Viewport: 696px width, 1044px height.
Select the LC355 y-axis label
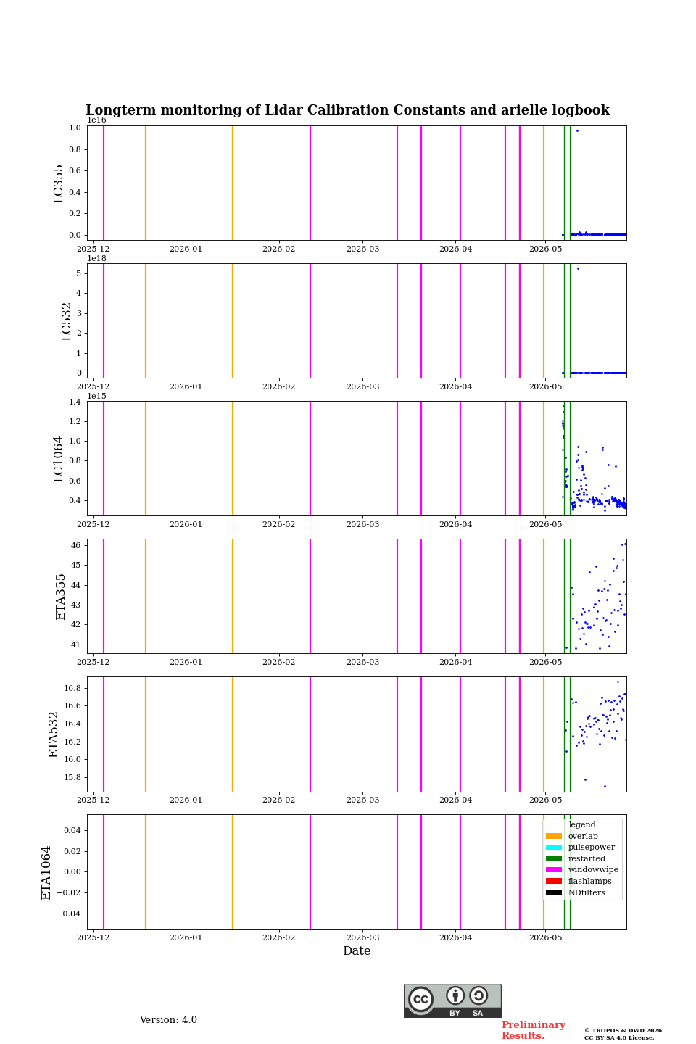click(58, 183)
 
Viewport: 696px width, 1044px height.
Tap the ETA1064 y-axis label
click(46, 872)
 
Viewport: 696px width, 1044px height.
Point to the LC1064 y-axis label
click(58, 459)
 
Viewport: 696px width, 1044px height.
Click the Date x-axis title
click(357, 950)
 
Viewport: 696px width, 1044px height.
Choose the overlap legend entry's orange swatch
click(553, 836)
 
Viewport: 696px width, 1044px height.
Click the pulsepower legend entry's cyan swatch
click(553, 848)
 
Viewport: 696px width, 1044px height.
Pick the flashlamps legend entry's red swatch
click(553, 881)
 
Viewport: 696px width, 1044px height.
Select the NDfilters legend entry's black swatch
click(553, 892)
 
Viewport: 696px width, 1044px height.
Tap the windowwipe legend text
click(593, 870)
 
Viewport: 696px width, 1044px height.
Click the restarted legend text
click(587, 858)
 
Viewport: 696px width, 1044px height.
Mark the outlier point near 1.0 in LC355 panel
click(577, 131)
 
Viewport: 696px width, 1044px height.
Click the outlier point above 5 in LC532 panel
click(578, 268)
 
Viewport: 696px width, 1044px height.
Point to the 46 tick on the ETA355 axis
click(75, 545)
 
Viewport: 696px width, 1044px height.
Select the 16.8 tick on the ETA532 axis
click(72, 689)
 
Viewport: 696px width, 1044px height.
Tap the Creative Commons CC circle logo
click(420, 999)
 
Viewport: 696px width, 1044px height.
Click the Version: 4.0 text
click(168, 1020)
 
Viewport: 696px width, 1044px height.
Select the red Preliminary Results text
click(534, 1030)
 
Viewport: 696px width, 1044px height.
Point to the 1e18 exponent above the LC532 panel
click(97, 258)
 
